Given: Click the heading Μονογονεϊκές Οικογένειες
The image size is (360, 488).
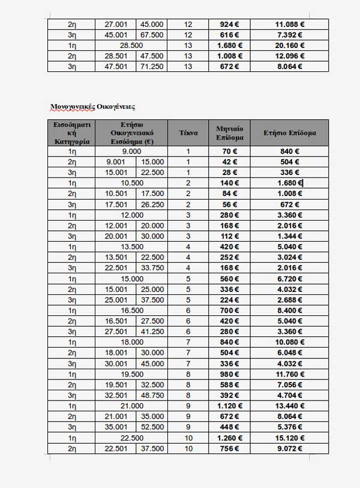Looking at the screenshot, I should pos(93,107).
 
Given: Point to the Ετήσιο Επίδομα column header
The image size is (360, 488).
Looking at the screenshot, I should pos(289,132).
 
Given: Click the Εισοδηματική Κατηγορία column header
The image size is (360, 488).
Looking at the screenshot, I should pos(72,132).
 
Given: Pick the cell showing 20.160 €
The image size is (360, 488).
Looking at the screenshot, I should pos(289,45).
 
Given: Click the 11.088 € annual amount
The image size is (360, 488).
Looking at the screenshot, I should pos(289,24).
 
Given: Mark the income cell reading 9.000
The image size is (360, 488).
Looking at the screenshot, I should pos(131,152).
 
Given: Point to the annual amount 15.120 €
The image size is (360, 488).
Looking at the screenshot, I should pos(289,438).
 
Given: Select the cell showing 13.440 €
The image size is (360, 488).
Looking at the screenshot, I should pos(289,406).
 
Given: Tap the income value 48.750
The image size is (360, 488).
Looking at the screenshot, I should pos(152,395).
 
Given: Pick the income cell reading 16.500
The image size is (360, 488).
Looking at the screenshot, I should pos(131,311).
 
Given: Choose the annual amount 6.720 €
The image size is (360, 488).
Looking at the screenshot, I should pos(289,279).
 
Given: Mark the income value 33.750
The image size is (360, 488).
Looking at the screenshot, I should pos(152,268).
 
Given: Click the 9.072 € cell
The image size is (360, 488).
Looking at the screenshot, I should pos(289,448).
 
